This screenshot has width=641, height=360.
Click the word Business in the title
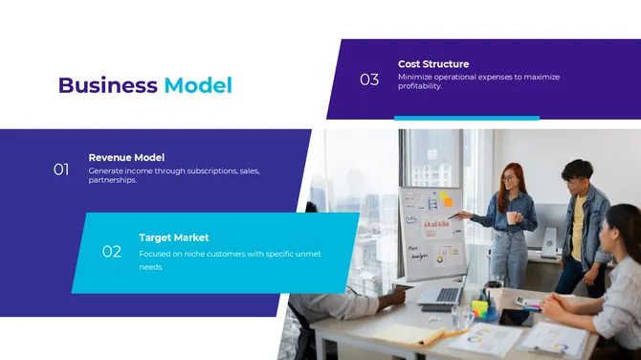coord(107,85)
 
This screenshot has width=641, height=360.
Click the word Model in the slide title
coord(198,85)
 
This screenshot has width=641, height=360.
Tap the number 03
coord(369,79)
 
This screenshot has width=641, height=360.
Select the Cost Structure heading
coord(433,64)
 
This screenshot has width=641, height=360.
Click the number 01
coord(61,169)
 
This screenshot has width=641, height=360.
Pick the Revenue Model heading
coord(126,157)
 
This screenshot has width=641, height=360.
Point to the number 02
coord(112,252)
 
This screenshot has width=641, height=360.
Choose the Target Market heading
coord(173,237)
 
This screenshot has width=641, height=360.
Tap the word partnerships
coord(112,180)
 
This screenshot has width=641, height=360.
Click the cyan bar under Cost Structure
coord(467,118)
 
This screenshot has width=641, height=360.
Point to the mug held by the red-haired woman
coord(513,217)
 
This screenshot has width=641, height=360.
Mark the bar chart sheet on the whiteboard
coord(437,225)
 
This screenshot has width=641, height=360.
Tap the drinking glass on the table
coord(463,315)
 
